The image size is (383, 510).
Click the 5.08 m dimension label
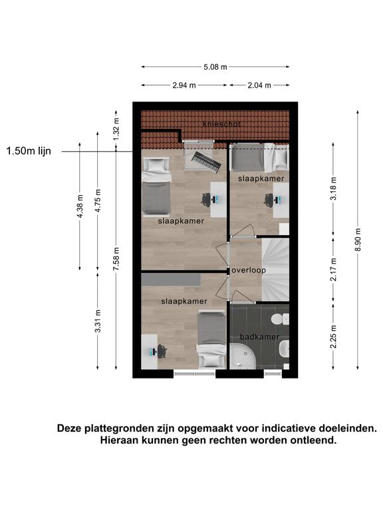point(215,67)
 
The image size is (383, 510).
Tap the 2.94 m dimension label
point(184,85)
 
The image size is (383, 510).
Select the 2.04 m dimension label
point(259,85)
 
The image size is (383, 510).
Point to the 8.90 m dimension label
point(358,239)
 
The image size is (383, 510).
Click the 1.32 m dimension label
point(116,129)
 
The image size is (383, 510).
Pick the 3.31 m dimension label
point(98,321)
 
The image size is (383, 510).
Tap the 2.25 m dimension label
point(333,336)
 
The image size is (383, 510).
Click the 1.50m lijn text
point(29,151)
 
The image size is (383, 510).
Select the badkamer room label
point(259,337)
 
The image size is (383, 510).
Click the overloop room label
point(249,270)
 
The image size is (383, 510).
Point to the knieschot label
point(221,124)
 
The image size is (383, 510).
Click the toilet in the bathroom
point(280,319)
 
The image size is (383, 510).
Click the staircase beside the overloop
point(275,270)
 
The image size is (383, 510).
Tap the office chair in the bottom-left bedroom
point(162,351)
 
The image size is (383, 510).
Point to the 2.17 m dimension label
point(333,270)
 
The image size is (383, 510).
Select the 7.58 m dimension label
point(116,258)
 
